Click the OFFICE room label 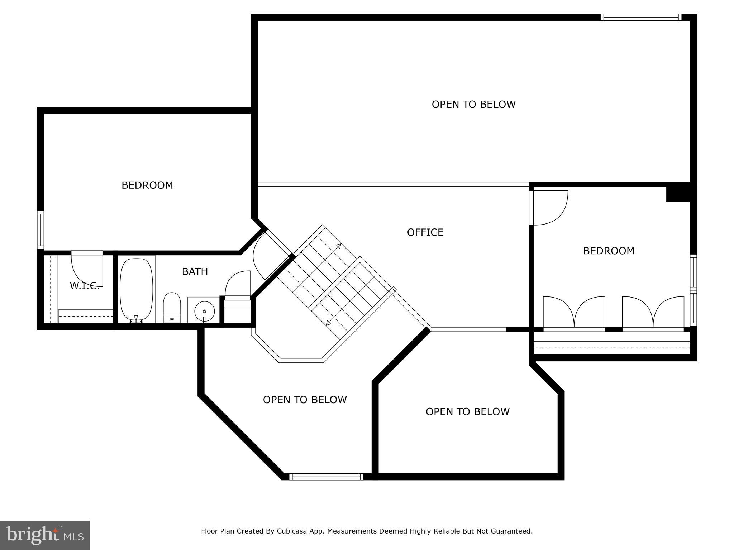click(425, 232)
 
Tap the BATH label click(195, 272)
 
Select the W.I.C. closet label click(85, 286)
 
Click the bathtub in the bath click(136, 289)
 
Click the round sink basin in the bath click(204, 310)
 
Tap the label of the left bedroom click(147, 185)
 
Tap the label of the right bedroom click(609, 251)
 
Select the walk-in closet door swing click(87, 269)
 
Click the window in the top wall click(641, 17)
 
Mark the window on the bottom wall click(326, 477)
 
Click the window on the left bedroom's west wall click(40, 230)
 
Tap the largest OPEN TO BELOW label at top click(473, 104)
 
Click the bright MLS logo click(45, 535)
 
